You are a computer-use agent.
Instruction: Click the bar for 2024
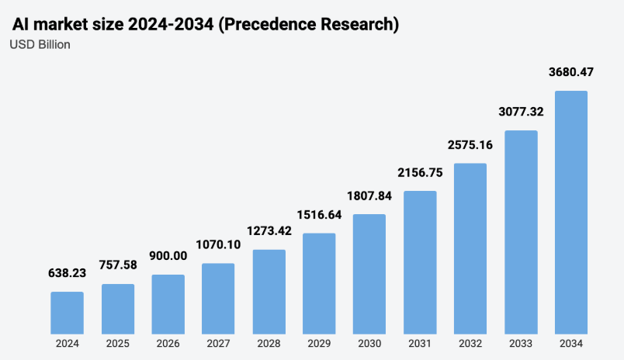coord(67,312)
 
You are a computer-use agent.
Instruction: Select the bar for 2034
coord(570,212)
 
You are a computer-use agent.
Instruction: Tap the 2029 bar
coord(319,282)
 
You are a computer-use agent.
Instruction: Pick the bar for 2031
coord(420,261)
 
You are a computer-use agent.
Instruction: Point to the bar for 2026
coord(168,303)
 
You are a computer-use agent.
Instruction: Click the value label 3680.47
coord(570,73)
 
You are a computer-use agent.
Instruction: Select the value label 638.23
coord(67,274)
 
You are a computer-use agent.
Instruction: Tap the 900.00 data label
coord(168,257)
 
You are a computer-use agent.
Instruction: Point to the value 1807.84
coord(369,196)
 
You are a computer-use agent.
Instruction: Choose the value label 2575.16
coord(470,145)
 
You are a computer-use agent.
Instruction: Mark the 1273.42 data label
coord(269,231)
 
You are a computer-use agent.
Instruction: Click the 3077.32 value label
coord(521,112)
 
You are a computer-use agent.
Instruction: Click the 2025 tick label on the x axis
coord(117,343)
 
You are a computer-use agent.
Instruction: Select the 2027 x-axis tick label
coord(218,343)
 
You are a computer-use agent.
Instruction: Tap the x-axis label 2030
coord(369,343)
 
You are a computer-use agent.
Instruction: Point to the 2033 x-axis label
coord(521,343)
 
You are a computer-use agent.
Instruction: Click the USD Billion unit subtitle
coord(40,45)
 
